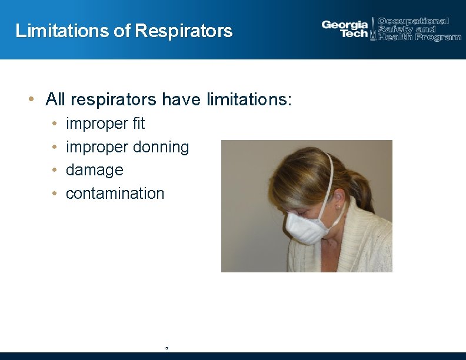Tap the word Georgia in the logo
[x=344, y=25]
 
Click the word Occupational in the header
[x=413, y=21]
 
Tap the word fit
[x=138, y=124]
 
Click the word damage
[x=94, y=170]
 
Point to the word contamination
[x=115, y=193]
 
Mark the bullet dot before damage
[x=54, y=170]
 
